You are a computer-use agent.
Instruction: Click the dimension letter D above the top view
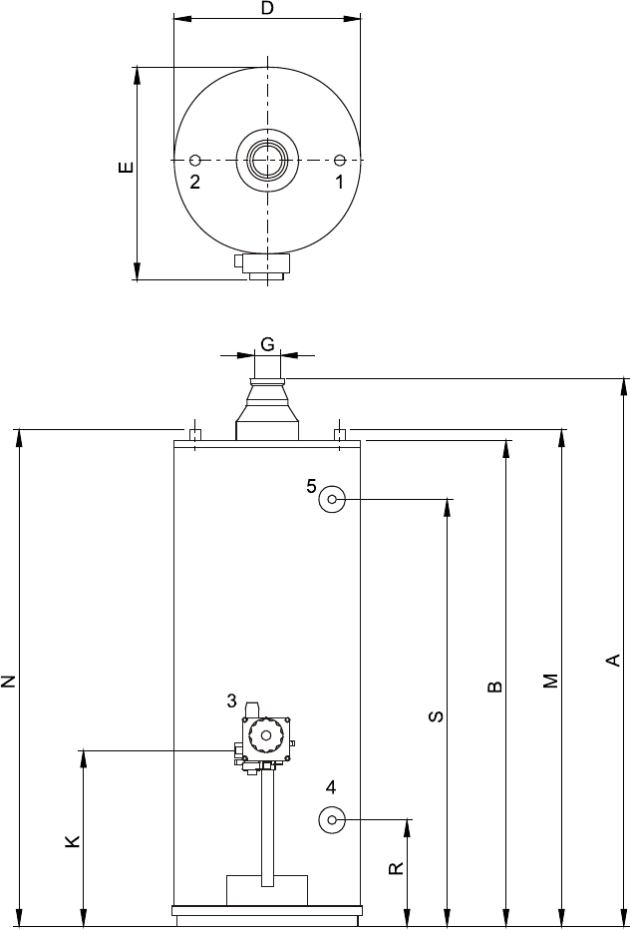coord(268,9)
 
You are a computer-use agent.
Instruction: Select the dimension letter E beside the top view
coord(126,168)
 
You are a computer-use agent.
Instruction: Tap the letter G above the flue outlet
coord(268,344)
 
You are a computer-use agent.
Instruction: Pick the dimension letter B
coord(494,687)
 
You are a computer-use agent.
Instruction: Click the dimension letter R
coord(396,868)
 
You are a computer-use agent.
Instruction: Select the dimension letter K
coord(72,840)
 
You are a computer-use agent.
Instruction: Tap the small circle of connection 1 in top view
coord(340,160)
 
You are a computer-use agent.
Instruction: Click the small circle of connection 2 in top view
coord(195,160)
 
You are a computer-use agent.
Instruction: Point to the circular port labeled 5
coord(332,499)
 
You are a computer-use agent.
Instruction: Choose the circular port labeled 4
coord(332,819)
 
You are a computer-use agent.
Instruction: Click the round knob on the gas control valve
coord(266,736)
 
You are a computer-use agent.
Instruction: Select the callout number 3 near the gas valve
coord(231,701)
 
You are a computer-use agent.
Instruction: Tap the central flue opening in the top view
coord(267,160)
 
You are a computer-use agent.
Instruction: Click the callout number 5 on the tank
coord(312,486)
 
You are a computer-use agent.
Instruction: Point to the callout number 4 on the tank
coord(331,787)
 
